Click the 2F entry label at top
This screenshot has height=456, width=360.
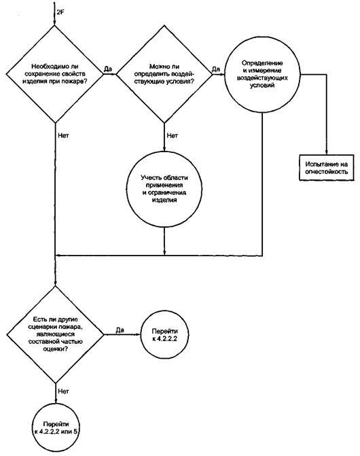pyautogui.click(x=60, y=12)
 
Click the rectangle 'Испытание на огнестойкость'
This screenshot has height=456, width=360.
pyautogui.click(x=327, y=167)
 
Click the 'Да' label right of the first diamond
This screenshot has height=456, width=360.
pyautogui.click(x=108, y=69)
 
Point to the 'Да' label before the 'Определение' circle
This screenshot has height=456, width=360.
pyautogui.click(x=216, y=69)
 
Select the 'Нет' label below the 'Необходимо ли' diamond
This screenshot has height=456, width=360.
pyautogui.click(x=63, y=135)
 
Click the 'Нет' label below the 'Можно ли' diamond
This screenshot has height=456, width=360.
pyautogui.click(x=173, y=135)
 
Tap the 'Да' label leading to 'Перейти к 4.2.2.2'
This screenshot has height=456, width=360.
pyautogui.click(x=120, y=330)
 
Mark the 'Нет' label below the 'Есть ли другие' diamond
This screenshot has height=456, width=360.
pyautogui.click(x=63, y=391)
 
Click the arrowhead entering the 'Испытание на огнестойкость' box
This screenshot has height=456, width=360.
pyautogui.click(x=327, y=152)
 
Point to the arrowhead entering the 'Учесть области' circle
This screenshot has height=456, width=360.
pyautogui.click(x=164, y=149)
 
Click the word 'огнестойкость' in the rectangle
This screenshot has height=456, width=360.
pyautogui.click(x=326, y=171)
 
